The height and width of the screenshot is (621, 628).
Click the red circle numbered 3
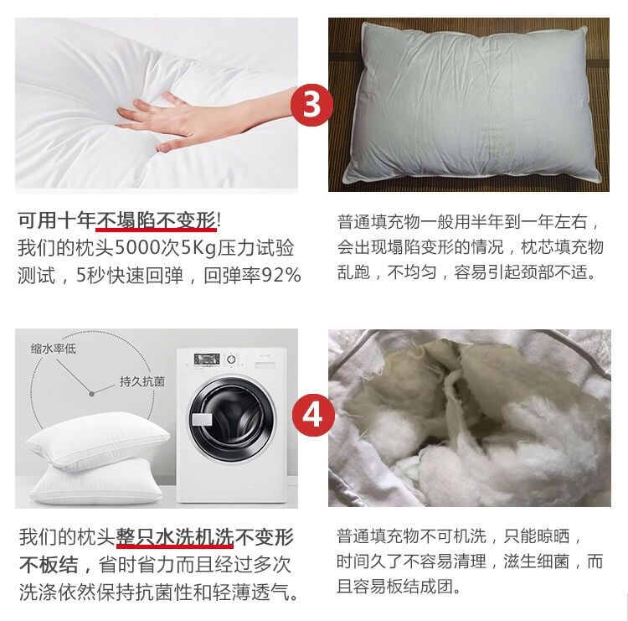coord(311,105)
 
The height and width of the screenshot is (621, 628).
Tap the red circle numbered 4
coord(313,416)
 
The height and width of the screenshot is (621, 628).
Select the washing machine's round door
coord(233,420)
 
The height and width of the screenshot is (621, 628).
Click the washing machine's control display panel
coord(207,359)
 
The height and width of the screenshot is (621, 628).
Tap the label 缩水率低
coord(54,349)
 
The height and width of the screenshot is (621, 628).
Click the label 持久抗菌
coord(142,381)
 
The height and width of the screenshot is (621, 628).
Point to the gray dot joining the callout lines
coord(91,394)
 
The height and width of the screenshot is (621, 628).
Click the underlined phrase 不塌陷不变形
coord(156,220)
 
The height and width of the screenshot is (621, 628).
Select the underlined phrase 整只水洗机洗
coord(175,537)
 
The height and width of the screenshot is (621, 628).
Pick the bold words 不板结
coord(49,565)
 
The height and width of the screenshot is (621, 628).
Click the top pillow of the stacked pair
coord(98,440)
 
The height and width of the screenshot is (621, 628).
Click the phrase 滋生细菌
coord(536,561)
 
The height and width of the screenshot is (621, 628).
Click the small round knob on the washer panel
coord(231,360)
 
